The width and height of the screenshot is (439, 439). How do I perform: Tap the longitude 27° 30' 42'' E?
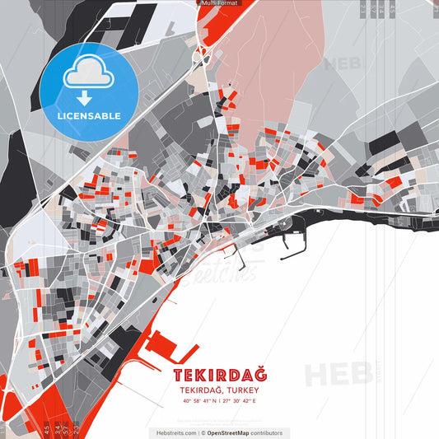[x=240, y=401]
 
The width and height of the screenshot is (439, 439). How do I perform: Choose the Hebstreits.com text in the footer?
[x=173, y=432]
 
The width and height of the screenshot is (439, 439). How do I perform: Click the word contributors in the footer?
[x=267, y=432]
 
